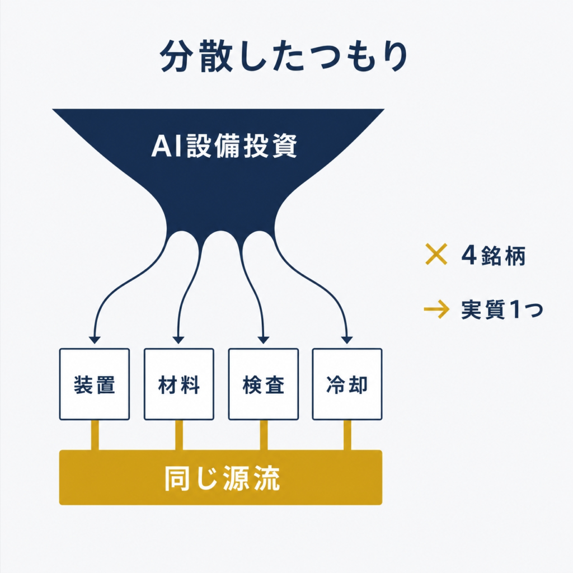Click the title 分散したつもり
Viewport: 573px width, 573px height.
[x=284, y=56]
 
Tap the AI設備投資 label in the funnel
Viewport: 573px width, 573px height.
[x=224, y=145]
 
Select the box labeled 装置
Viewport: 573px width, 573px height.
[x=94, y=384]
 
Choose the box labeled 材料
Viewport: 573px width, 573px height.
[x=179, y=384]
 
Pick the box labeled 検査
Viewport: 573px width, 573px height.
[x=263, y=384]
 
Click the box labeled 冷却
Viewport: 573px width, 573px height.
[x=347, y=384]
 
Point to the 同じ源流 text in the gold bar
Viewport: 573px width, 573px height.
[x=222, y=478]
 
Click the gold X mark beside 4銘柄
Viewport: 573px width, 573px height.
[x=436, y=254]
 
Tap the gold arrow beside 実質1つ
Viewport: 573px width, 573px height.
[x=436, y=309]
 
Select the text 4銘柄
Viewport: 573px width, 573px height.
[x=494, y=255]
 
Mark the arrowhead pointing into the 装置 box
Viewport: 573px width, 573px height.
[x=94, y=340]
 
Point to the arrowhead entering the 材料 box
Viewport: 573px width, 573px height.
[x=179, y=340]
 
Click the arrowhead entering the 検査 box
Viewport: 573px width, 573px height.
[x=263, y=340]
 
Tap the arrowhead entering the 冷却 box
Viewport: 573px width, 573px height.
[x=347, y=340]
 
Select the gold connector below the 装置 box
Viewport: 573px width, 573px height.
[x=95, y=435]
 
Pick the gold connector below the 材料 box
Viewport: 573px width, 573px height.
[x=179, y=435]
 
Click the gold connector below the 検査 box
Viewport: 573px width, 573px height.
[x=264, y=435]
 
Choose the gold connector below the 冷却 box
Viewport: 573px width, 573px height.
[x=347, y=435]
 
